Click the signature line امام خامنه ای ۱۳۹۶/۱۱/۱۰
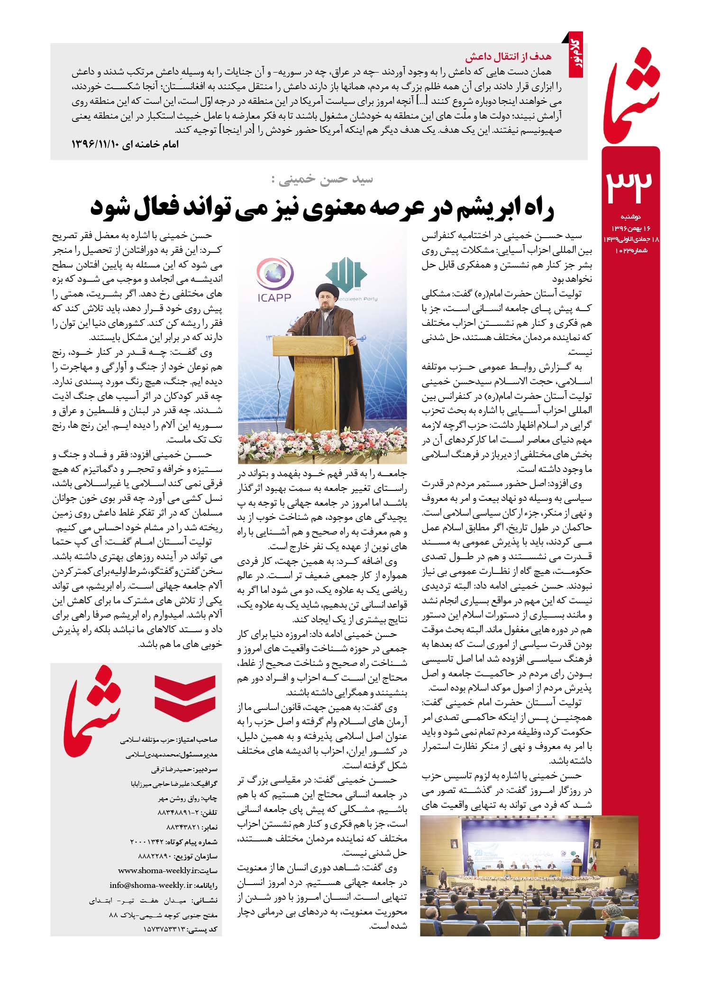pyautogui.click(x=125, y=144)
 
